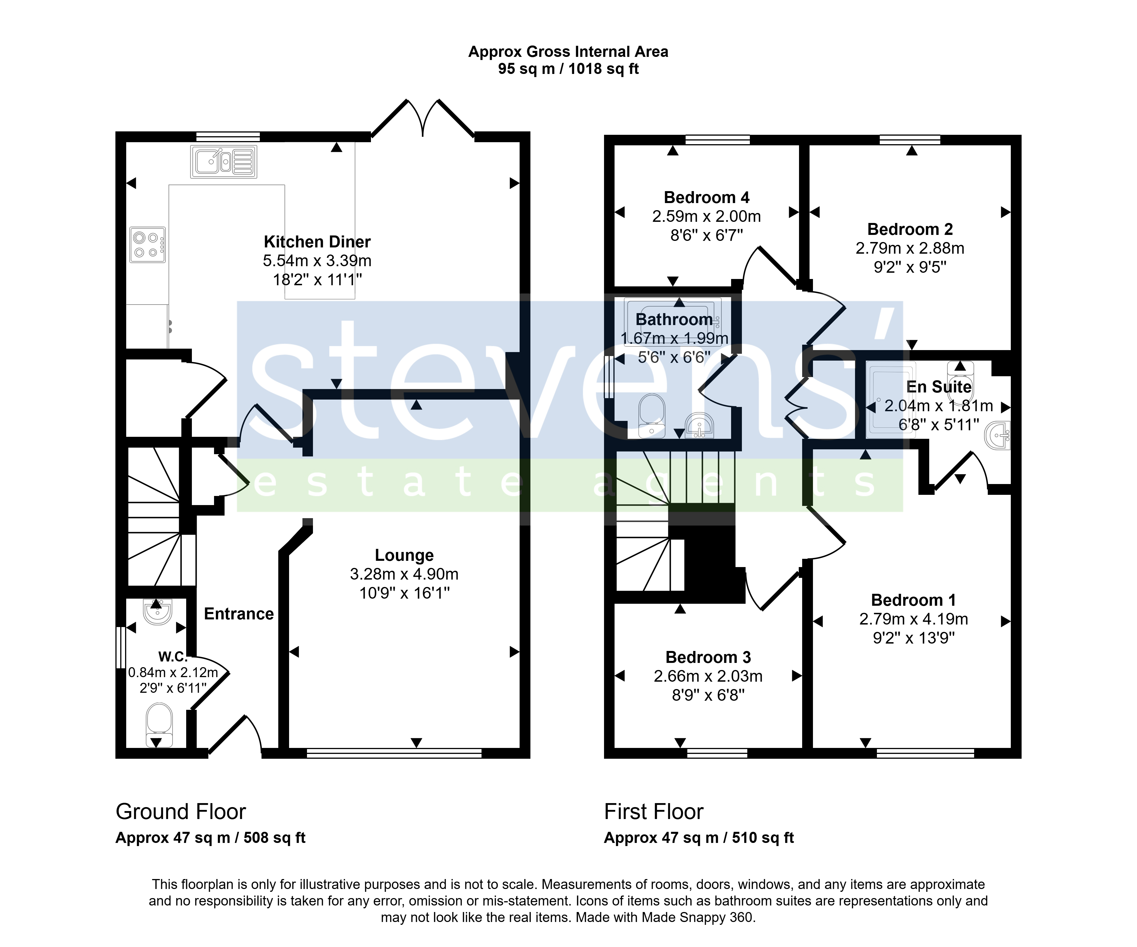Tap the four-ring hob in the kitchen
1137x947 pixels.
click(x=147, y=245)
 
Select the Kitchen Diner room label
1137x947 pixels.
click(x=317, y=242)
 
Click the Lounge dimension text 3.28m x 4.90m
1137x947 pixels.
click(x=404, y=574)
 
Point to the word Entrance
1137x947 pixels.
click(x=239, y=614)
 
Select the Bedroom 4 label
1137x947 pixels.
click(x=707, y=197)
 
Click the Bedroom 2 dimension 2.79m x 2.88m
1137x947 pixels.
click(x=910, y=248)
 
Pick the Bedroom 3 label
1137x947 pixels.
click(x=708, y=657)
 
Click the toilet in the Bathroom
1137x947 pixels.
click(x=652, y=415)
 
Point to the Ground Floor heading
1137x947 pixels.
click(x=181, y=812)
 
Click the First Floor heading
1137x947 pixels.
click(x=653, y=812)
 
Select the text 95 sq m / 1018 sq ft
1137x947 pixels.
click(x=568, y=69)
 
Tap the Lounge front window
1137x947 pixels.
click(x=394, y=752)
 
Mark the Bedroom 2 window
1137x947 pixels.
click(x=910, y=140)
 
